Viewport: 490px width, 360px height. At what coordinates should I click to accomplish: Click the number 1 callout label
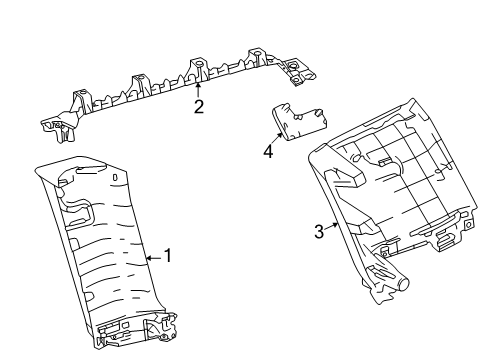[168, 256]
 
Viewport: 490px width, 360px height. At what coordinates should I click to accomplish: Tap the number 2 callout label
[199, 107]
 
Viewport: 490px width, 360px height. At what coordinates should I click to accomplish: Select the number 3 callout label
[319, 232]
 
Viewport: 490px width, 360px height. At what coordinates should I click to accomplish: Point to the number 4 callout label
[268, 152]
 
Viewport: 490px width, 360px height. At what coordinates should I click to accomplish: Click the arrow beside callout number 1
[152, 256]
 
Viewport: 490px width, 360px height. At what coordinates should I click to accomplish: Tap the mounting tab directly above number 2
[198, 67]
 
